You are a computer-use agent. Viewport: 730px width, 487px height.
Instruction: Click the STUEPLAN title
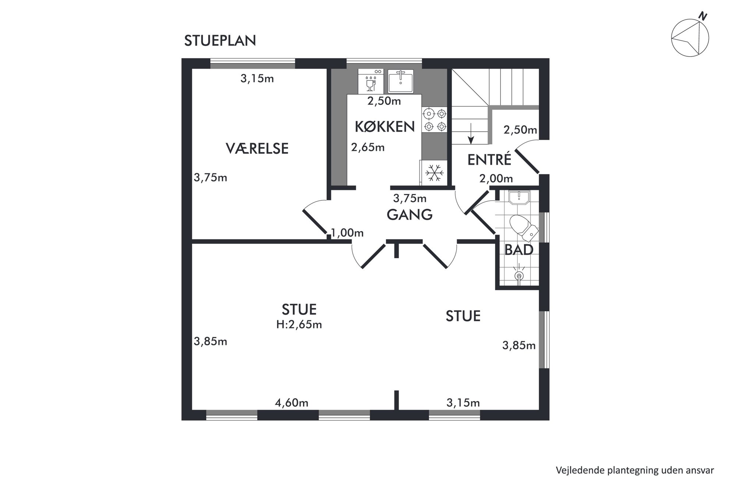[220, 41]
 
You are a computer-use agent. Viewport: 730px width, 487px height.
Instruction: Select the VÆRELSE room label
[257, 148]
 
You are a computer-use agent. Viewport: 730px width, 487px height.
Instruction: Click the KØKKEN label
[385, 127]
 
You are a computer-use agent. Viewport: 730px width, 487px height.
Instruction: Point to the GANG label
[410, 215]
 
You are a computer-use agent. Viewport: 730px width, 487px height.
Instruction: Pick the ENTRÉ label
[489, 159]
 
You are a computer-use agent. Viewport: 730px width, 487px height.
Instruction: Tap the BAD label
[519, 250]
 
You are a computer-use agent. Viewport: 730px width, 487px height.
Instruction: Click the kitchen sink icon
[401, 81]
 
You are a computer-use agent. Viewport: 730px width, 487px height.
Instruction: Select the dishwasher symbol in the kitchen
[371, 81]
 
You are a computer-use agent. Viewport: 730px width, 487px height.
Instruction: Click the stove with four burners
[435, 120]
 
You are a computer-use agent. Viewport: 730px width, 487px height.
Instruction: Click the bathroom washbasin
[519, 197]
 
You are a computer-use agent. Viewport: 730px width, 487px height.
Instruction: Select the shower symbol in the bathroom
[519, 275]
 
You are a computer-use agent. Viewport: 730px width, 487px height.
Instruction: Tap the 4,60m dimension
[291, 403]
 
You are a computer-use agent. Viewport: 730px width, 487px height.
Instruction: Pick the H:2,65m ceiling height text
[299, 324]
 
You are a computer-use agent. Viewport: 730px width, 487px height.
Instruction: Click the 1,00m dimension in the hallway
[347, 233]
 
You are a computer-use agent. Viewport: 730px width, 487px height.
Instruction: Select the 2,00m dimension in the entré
[496, 179]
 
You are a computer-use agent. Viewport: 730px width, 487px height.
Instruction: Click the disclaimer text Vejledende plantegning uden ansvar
[635, 470]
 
